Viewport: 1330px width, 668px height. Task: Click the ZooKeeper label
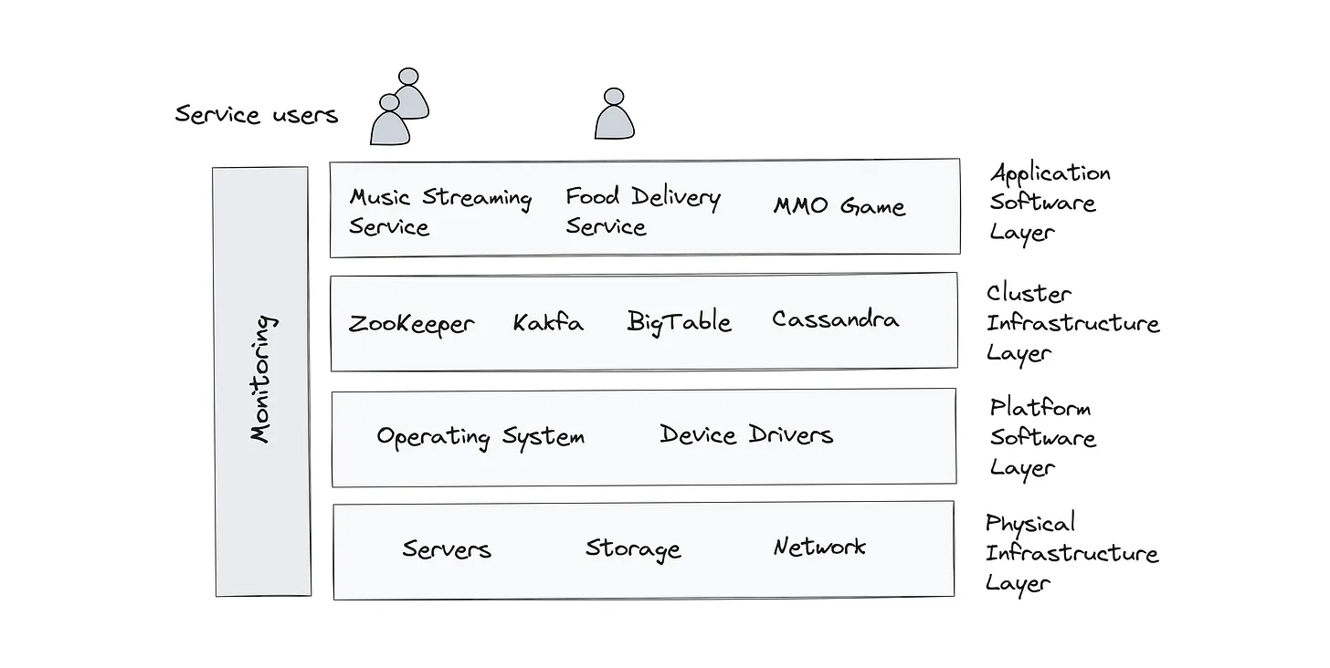pyautogui.click(x=411, y=324)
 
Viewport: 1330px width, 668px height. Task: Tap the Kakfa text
pyautogui.click(x=547, y=322)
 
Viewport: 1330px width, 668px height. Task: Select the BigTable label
pyautogui.click(x=679, y=322)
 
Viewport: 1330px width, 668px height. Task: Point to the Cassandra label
pyautogui.click(x=835, y=319)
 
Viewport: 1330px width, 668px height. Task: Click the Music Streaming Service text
pyautogui.click(x=439, y=212)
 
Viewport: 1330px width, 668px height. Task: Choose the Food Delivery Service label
pyautogui.click(x=642, y=211)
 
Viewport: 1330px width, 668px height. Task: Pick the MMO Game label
pyautogui.click(x=839, y=206)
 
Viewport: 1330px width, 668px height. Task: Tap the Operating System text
pyautogui.click(x=480, y=437)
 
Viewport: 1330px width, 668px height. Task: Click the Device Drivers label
pyautogui.click(x=746, y=434)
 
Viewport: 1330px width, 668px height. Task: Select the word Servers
pyautogui.click(x=447, y=549)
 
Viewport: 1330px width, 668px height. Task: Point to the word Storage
pyautogui.click(x=633, y=548)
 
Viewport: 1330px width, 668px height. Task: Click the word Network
pyautogui.click(x=819, y=547)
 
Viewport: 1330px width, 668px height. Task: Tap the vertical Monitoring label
pyautogui.click(x=262, y=379)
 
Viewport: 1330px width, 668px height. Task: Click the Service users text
pyautogui.click(x=257, y=115)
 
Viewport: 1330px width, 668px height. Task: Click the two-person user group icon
pyautogui.click(x=399, y=107)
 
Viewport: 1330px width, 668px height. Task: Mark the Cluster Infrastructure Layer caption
pyautogui.click(x=1071, y=323)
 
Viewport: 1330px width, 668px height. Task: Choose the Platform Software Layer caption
pyautogui.click(x=1042, y=437)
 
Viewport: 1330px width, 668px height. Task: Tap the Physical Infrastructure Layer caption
pyautogui.click(x=1071, y=553)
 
